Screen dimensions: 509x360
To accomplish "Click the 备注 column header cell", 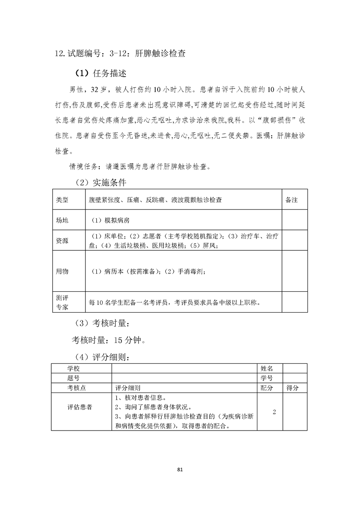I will tap(291, 200).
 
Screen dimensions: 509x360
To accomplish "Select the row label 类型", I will tap(62, 200).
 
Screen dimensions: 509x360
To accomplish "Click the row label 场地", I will tap(62, 220).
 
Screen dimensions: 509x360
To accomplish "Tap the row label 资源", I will tap(62, 241).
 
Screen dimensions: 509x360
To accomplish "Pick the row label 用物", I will tap(62, 271).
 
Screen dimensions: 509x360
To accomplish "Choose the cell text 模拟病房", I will tap(110, 220).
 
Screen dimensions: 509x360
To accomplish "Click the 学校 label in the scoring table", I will tap(73, 368).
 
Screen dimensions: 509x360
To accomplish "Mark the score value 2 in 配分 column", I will tap(274, 412).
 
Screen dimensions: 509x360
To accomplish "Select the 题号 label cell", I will tap(73, 378).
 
